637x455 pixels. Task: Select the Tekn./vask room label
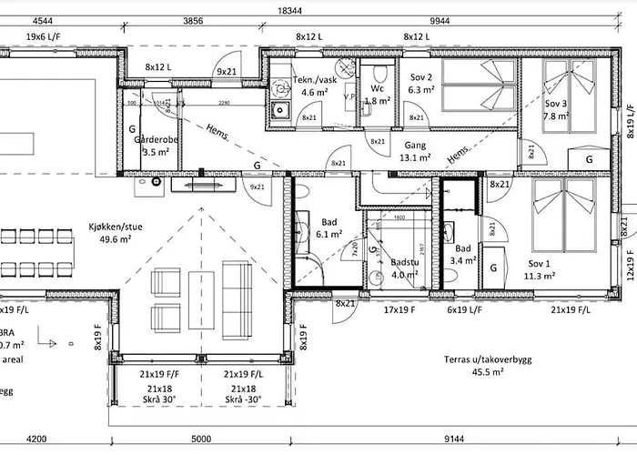pyautogui.click(x=314, y=86)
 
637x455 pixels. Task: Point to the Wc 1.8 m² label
pyautogui.click(x=378, y=96)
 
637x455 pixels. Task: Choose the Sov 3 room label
pyautogui.click(x=556, y=110)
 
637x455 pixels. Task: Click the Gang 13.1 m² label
pyautogui.click(x=414, y=150)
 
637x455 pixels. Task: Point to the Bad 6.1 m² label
pyautogui.click(x=329, y=227)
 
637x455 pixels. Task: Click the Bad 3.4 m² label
pyautogui.click(x=462, y=255)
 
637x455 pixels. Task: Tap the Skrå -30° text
pyautogui.click(x=244, y=399)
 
